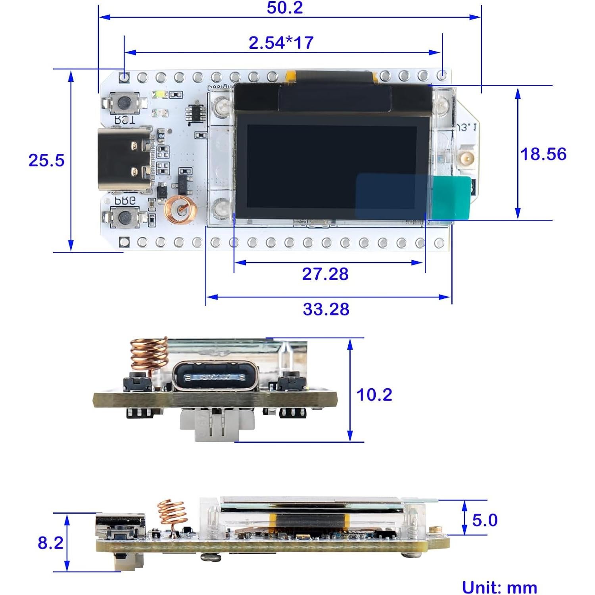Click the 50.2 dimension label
tap(285, 8)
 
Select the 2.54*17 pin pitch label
tap(281, 43)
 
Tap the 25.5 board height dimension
tap(46, 160)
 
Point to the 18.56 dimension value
tap(543, 154)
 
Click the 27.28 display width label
tap(325, 274)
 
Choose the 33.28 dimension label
tap(326, 309)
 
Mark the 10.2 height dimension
tap(374, 395)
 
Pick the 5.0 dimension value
tap(484, 520)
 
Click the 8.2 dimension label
tap(50, 543)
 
